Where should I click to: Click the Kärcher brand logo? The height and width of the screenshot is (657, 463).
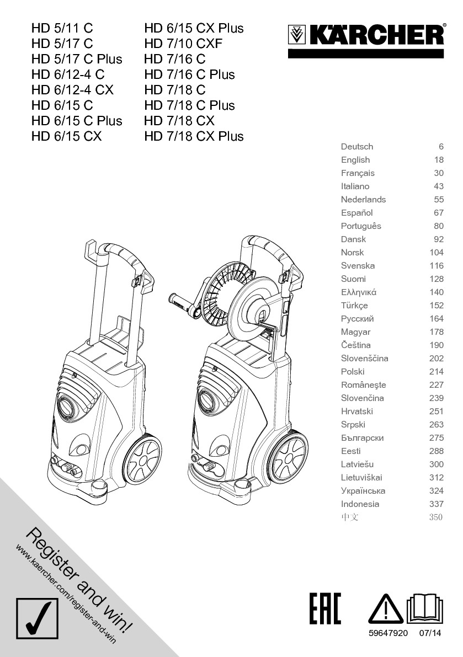pos(366,36)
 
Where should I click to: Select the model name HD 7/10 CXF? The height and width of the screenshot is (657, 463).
pos(183,44)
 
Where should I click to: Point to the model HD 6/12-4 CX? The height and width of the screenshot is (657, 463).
pos(72,90)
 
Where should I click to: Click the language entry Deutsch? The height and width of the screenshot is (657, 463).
pos(357,147)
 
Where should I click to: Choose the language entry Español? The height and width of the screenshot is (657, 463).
pos(357,213)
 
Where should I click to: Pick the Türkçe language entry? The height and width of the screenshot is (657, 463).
pos(354,306)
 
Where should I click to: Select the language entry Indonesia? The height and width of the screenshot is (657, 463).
pos(360,504)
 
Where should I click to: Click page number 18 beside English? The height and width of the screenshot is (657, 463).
pos(439,160)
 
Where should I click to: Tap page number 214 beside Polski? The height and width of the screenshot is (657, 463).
pos(437,372)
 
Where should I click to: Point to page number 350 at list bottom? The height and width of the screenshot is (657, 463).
pos(436,517)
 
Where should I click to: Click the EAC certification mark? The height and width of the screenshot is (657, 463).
pos(325,609)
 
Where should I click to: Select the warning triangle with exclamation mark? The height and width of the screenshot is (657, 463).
pos(386,610)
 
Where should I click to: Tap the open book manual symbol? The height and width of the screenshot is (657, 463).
pos(425,609)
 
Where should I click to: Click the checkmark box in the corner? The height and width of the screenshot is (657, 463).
pos(37,617)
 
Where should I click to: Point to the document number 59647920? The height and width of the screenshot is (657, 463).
pos(388,633)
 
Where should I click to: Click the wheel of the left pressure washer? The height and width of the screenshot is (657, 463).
pos(143,459)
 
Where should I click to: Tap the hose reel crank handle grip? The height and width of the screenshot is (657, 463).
pos(179,301)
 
